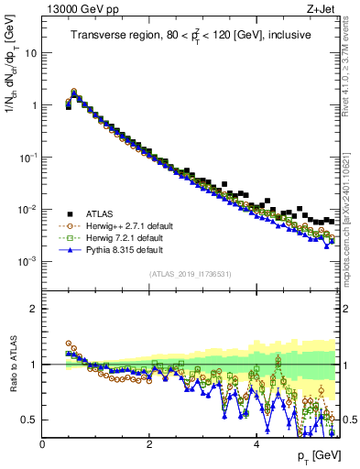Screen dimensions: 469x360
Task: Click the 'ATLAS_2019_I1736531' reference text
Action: click(190, 274)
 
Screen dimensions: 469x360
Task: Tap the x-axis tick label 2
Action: click(149, 443)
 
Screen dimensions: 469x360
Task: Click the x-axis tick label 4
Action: click(256, 443)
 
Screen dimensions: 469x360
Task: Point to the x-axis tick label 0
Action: click(42, 443)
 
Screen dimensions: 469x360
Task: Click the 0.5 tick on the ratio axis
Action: click(30, 420)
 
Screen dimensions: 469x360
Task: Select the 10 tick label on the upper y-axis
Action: click(29, 53)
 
